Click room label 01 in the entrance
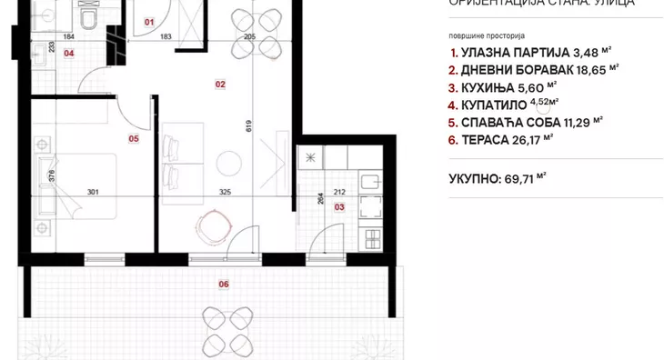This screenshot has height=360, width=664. point(150,20)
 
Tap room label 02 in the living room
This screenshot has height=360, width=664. point(220,84)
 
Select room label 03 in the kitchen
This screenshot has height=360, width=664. point(339,207)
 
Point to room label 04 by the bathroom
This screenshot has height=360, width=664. point(68,53)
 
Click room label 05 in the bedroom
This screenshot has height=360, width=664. point(134,139)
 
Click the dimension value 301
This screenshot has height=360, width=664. point(92,191)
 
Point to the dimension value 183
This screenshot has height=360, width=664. point(166,36)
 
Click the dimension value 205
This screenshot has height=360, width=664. point(251,36)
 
